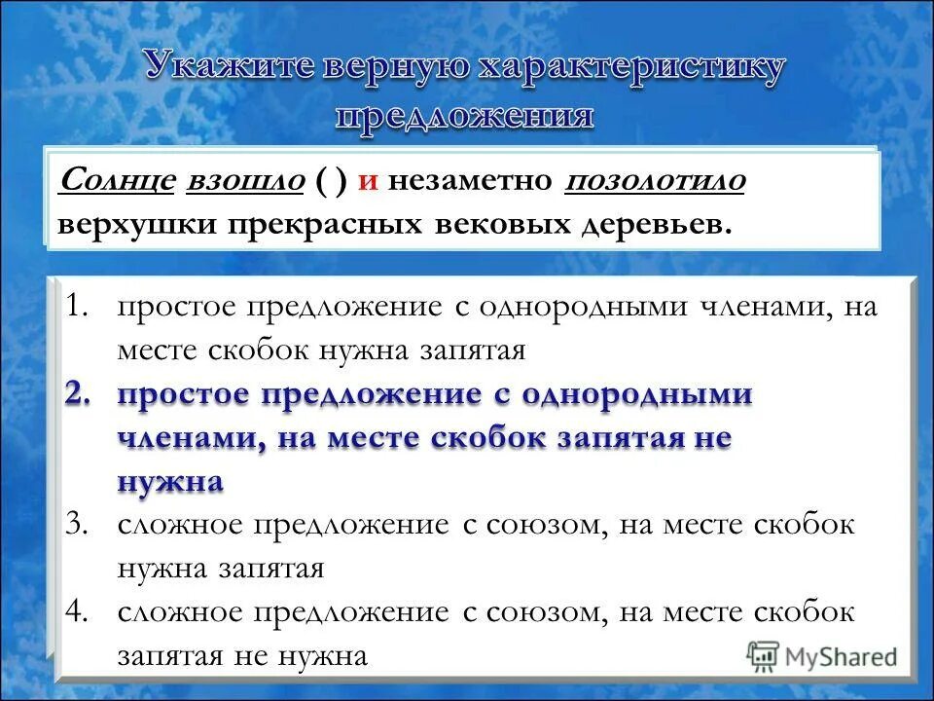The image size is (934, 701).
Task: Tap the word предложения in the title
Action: click(464, 116)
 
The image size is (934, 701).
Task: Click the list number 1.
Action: click(77, 308)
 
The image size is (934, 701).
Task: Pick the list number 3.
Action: click(77, 526)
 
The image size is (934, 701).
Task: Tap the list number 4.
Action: click(77, 613)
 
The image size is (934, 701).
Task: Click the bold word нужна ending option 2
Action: click(170, 481)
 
